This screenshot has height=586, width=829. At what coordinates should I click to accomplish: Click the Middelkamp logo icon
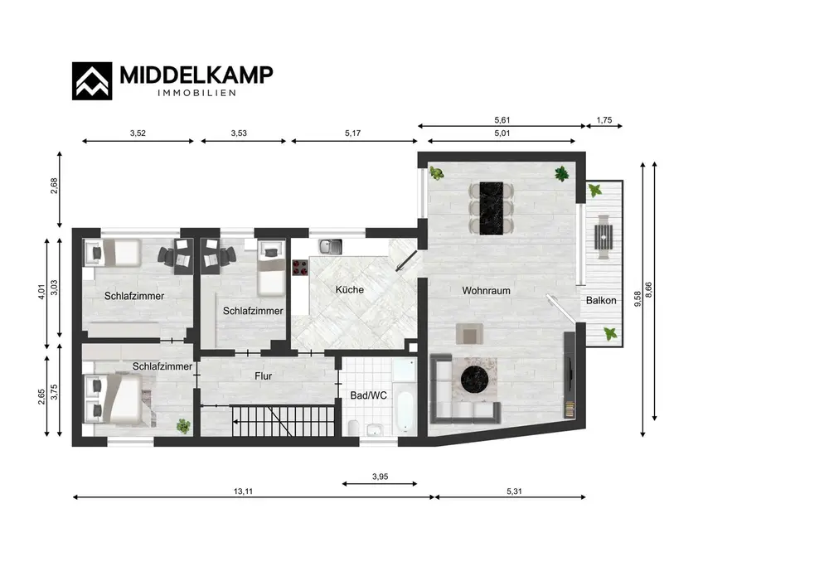pyautogui.click(x=92, y=81)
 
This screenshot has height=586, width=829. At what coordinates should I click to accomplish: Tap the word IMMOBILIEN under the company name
pyautogui.click(x=196, y=93)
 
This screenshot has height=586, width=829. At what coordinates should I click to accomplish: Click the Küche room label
pyautogui.click(x=350, y=289)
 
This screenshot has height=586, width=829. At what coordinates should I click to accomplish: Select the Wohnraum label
pyautogui.click(x=486, y=291)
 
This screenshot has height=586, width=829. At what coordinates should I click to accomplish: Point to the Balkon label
pyautogui.click(x=601, y=300)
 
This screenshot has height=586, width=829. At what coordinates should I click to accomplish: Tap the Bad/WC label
pyautogui.click(x=369, y=395)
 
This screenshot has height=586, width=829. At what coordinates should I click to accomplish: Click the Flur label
pyautogui.click(x=264, y=375)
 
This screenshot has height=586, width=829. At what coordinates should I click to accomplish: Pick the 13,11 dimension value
pyautogui.click(x=243, y=491)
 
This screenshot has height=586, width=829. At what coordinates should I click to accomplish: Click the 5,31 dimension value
pyautogui.click(x=514, y=491)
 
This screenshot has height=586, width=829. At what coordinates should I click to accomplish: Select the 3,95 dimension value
pyautogui.click(x=381, y=477)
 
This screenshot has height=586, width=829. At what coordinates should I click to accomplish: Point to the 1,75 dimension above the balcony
pyautogui.click(x=604, y=120)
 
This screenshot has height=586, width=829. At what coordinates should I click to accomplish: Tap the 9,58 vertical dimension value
pyautogui.click(x=638, y=299)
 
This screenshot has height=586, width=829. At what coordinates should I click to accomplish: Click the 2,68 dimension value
pyautogui.click(x=54, y=186)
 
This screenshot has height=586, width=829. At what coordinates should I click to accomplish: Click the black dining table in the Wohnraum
pyautogui.click(x=491, y=208)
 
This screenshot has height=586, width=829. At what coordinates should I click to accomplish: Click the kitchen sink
pyautogui.click(x=331, y=246)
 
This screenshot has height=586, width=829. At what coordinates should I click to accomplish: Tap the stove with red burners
pyautogui.click(x=300, y=268)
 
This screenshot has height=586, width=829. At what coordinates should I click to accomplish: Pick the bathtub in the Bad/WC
pyautogui.click(x=405, y=411)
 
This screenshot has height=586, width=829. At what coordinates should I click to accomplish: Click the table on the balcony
pyautogui.click(x=604, y=237)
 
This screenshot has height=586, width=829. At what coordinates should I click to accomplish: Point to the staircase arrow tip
pyautogui.click(x=233, y=421)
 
